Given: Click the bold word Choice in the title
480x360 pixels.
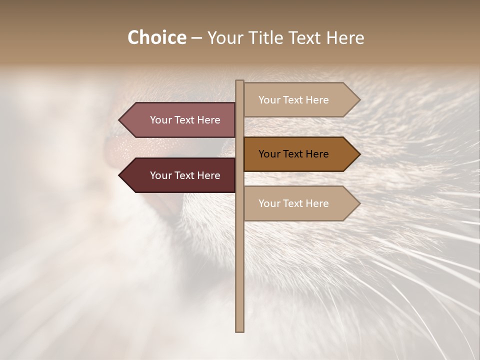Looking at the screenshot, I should (x=156, y=38).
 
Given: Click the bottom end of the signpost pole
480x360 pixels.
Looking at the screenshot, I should (x=239, y=330).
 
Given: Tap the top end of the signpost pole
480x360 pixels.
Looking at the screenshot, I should (x=239, y=82).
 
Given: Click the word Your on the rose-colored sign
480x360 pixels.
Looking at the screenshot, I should (x=161, y=120).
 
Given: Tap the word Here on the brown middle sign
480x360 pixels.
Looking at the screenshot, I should (x=316, y=154).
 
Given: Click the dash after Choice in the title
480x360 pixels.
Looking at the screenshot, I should (x=196, y=38).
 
